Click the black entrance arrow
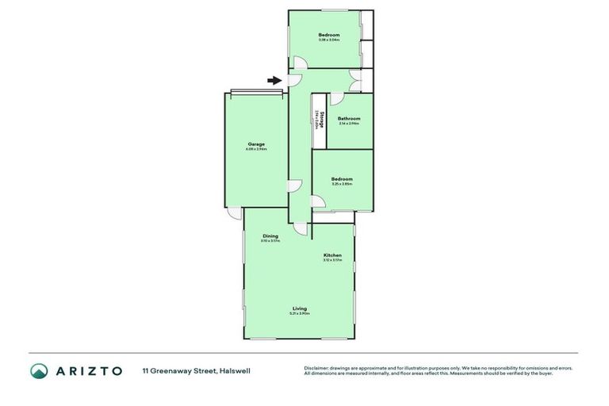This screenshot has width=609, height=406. [x=274, y=79]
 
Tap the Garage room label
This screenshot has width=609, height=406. [x=255, y=144]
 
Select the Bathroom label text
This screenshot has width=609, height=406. [x=349, y=119]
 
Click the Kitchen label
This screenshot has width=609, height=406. [x=332, y=255]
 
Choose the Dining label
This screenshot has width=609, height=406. [x=270, y=236]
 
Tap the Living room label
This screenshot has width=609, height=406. [x=299, y=308]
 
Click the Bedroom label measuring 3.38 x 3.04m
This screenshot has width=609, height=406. [x=329, y=35]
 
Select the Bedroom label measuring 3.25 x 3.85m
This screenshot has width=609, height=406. [x=342, y=179]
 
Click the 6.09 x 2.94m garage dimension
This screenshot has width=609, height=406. [x=255, y=149]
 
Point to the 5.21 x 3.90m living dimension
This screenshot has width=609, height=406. [x=299, y=314]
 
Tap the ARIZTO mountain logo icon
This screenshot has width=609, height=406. [x=39, y=370]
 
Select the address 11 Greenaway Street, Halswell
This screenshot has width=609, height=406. [x=196, y=370]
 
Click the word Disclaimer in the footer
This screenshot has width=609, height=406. [x=317, y=368]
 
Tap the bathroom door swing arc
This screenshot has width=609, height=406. [x=336, y=98]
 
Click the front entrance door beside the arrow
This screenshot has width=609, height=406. [x=293, y=80]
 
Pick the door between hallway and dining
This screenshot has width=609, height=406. [x=299, y=228]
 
